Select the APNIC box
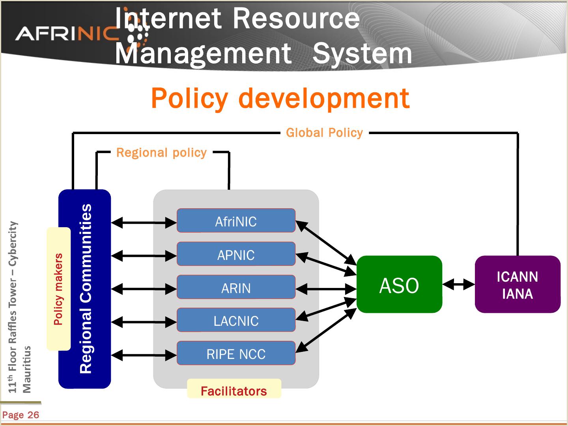[236, 254]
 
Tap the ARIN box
[236, 288]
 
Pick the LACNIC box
[236, 320]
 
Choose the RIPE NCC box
[236, 353]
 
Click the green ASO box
[399, 285]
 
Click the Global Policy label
[324, 133]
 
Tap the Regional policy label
[161, 153]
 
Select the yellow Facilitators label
[234, 390]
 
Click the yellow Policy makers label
[58, 289]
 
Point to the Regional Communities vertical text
[86, 288]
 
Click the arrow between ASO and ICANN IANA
[458, 284]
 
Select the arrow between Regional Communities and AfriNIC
[144, 223]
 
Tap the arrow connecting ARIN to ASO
[326, 289]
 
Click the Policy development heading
[280, 98]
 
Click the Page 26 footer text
[21, 415]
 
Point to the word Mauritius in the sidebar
[26, 369]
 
